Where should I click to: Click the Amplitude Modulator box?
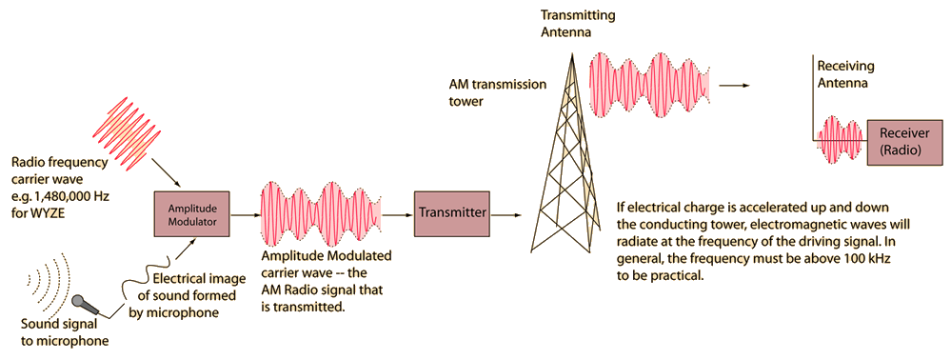(x=192, y=214)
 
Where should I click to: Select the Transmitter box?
(x=452, y=213)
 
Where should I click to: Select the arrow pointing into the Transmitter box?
(x=398, y=214)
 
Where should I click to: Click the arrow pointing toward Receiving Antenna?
(x=735, y=86)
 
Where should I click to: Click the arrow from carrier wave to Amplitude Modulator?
(x=164, y=171)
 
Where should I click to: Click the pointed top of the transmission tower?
(x=569, y=52)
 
